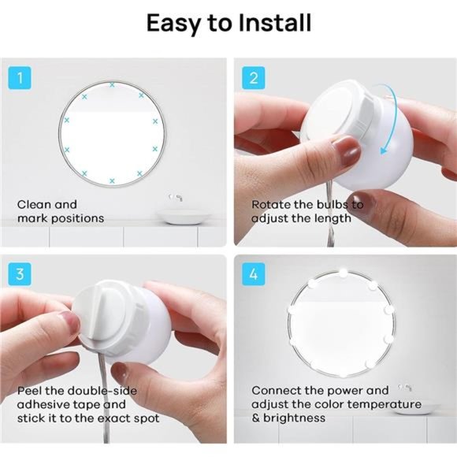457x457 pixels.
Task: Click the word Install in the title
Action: [x=275, y=23]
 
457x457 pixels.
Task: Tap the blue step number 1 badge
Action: [x=20, y=78]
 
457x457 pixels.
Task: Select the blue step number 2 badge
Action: [x=254, y=78]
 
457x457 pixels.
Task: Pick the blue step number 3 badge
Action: [x=20, y=274]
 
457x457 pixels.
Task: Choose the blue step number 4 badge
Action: [x=254, y=274]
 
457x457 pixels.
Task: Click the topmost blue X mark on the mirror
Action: [x=112, y=85]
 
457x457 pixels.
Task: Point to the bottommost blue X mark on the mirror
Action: [x=112, y=181]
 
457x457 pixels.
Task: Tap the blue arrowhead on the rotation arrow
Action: [x=385, y=150]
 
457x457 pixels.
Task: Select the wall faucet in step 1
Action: [x=176, y=198]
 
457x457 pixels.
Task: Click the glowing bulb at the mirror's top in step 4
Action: [x=344, y=273]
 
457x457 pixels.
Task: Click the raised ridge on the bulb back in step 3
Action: [x=98, y=315]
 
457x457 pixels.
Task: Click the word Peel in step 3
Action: [x=29, y=391]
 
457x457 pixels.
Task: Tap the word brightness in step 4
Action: [x=294, y=418]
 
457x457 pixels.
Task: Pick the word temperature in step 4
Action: [x=385, y=404]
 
